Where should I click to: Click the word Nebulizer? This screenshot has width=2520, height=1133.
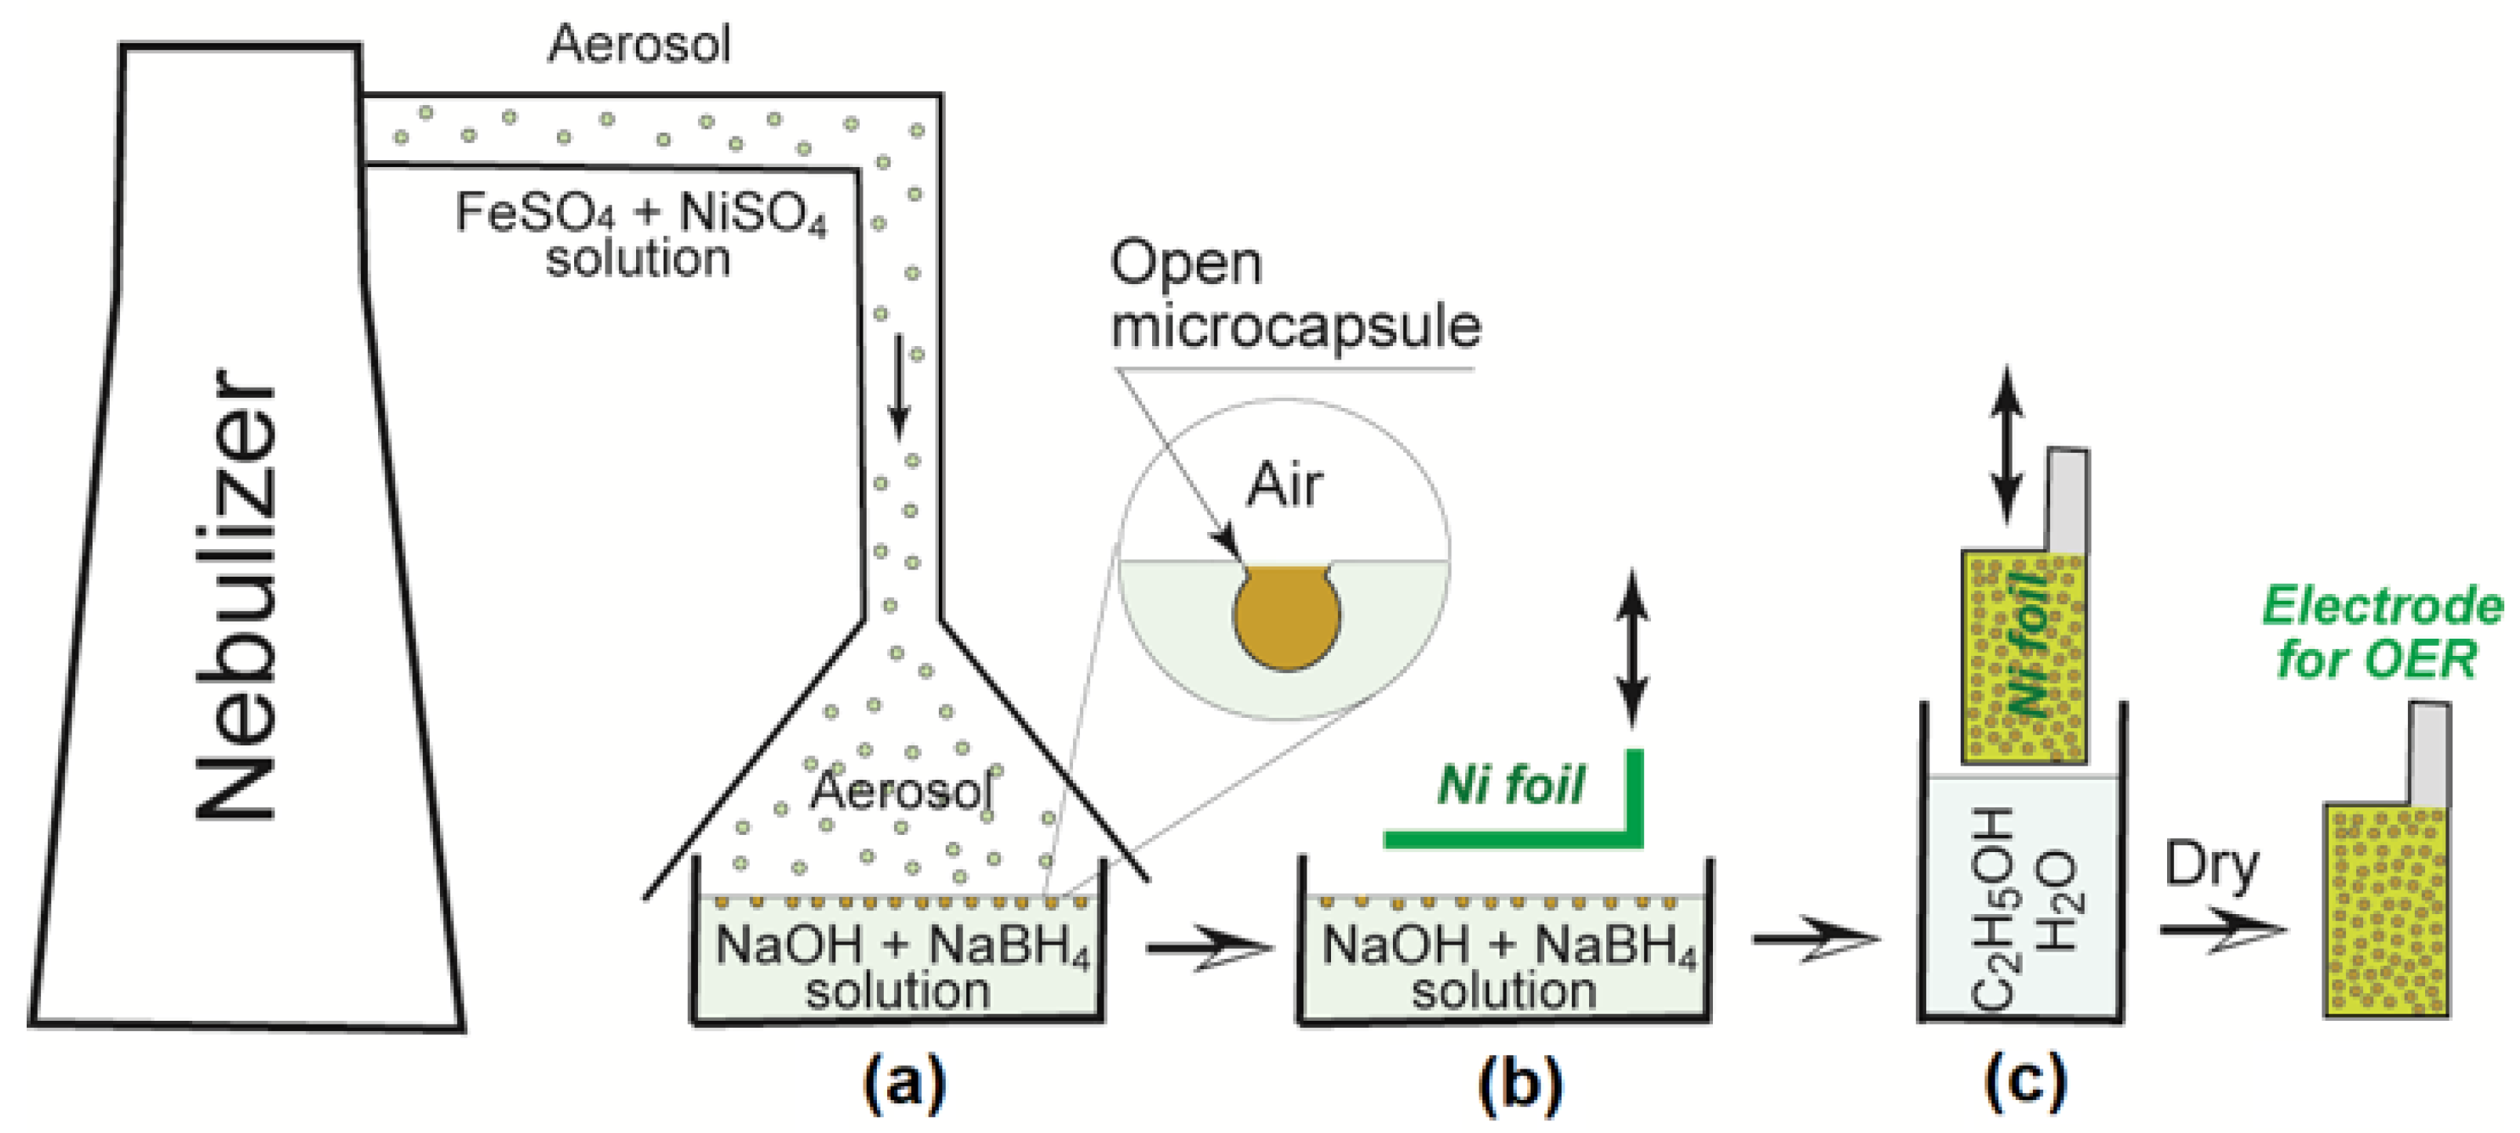(235, 595)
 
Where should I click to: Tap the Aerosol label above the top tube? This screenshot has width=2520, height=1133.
(638, 44)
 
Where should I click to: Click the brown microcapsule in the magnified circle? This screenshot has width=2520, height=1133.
(1286, 617)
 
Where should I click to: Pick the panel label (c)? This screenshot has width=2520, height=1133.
(2025, 1081)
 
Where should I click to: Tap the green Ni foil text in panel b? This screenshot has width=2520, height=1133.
(1510, 785)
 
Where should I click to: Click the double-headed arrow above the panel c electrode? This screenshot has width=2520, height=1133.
(2006, 445)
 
